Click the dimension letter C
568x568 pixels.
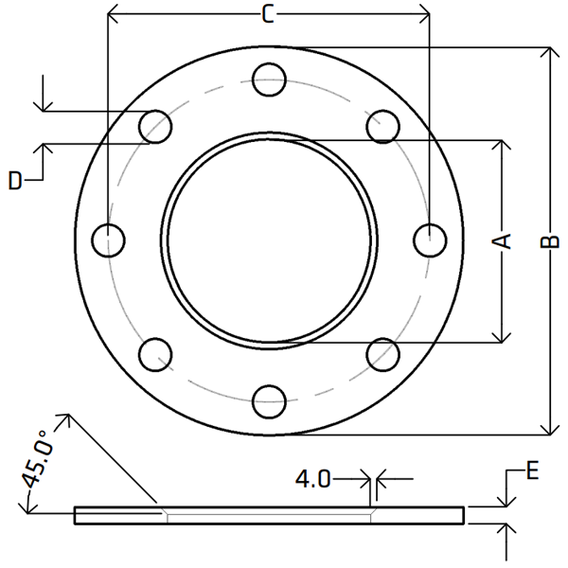point(268,15)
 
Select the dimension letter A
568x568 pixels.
point(502,241)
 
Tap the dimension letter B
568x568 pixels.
point(550,241)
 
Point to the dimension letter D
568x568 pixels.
point(15,180)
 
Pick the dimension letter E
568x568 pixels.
point(532,470)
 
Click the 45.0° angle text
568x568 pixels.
point(36,459)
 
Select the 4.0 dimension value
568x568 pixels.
point(313,479)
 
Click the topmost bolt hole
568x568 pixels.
point(269,80)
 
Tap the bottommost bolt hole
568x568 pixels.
point(269,401)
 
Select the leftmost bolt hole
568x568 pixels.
point(108,240)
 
